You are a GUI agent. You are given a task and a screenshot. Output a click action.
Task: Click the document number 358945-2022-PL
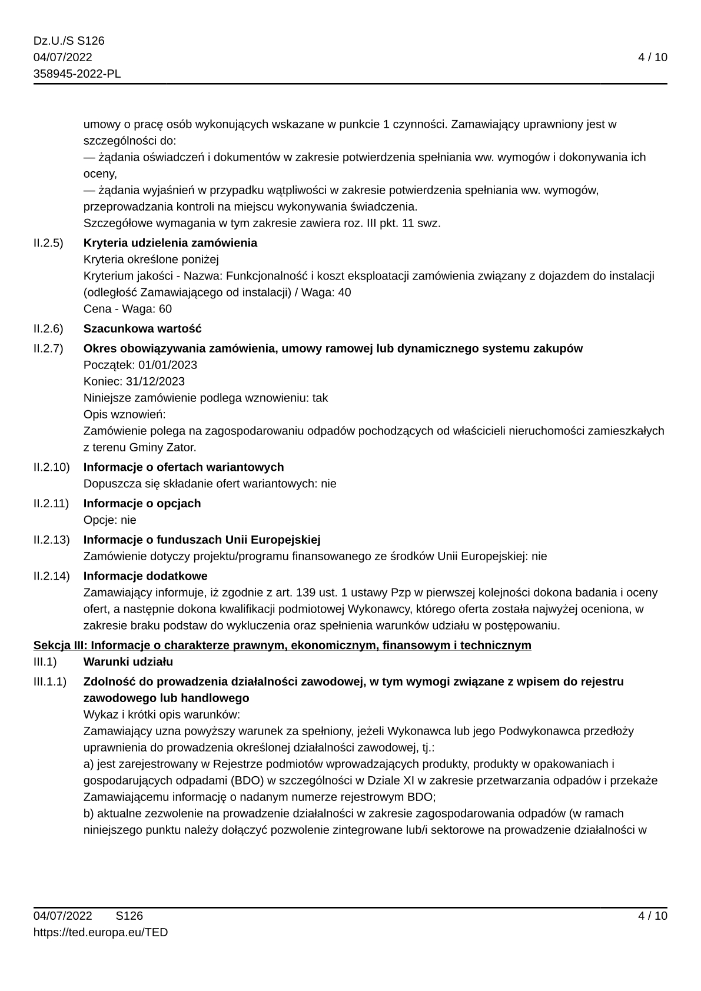point(77,74)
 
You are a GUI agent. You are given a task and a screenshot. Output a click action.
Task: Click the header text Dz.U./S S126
point(69,41)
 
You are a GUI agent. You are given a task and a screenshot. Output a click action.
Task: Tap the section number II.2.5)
point(48,243)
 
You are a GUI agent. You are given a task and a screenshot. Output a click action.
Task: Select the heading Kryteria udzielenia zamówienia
point(170,243)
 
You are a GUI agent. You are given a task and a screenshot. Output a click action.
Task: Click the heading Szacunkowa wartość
point(142,328)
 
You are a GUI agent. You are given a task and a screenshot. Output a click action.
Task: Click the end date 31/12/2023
point(155,381)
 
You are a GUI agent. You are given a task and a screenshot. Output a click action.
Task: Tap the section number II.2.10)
point(51,467)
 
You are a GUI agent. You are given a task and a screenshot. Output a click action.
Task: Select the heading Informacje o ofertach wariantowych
point(184,467)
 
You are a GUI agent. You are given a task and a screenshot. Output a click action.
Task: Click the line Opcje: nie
point(109,520)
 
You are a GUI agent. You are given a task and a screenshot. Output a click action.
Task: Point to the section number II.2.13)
point(51,540)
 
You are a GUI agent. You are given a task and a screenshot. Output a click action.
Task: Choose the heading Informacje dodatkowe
point(145,576)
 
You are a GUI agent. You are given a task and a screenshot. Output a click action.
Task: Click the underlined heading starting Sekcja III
point(282,646)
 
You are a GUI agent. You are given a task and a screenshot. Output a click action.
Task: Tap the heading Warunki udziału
point(128,662)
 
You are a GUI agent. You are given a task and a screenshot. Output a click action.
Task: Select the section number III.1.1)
point(50,681)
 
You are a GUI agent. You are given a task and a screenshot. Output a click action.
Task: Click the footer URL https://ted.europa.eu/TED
point(101,932)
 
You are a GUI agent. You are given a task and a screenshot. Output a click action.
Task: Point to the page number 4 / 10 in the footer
point(653,916)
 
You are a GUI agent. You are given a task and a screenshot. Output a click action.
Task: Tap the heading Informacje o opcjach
point(142,503)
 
